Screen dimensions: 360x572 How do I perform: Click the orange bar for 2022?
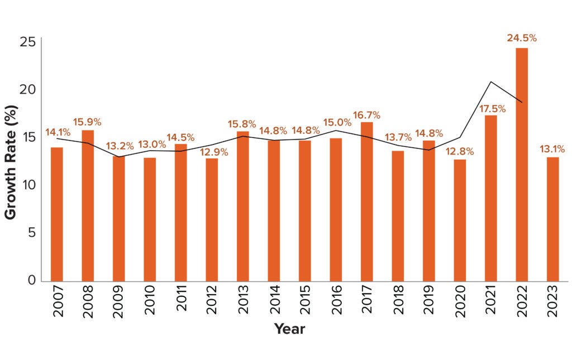[521, 164]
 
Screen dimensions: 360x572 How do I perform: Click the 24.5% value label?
[521, 39]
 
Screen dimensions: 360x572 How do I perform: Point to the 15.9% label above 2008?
[88, 122]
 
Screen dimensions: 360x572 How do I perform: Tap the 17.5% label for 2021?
[490, 108]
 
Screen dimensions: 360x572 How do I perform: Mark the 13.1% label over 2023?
[552, 149]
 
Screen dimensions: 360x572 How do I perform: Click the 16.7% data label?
[366, 115]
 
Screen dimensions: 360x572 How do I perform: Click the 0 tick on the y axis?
[32, 280]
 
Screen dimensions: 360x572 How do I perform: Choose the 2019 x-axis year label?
[429, 303]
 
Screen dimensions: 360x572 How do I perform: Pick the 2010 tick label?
[150, 303]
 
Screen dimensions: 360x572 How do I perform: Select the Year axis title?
[289, 329]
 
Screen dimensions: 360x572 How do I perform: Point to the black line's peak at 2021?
[490, 82]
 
